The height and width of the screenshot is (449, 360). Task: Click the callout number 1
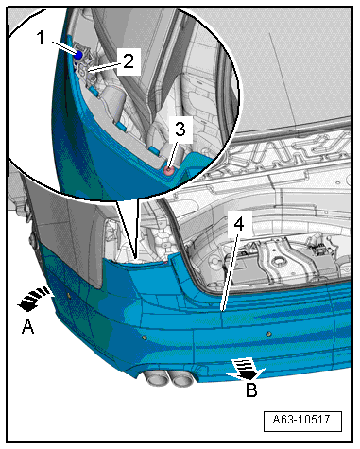tap(41, 38)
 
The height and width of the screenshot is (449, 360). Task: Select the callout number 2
tap(129, 61)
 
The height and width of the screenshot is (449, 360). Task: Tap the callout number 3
tap(180, 130)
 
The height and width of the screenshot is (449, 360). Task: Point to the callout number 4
tap(239, 224)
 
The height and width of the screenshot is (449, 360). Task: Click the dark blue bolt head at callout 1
tap(78, 55)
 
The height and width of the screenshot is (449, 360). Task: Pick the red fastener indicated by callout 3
tap(169, 171)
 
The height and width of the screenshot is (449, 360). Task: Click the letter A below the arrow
tap(27, 327)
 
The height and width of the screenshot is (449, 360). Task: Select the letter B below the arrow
tap(251, 389)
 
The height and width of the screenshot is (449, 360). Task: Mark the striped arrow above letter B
tap(248, 369)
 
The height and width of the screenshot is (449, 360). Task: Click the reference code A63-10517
tap(301, 420)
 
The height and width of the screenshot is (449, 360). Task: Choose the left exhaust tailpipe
tap(155, 378)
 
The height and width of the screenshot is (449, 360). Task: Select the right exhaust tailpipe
tap(182, 379)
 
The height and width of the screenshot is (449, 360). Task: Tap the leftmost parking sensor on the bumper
tap(68, 295)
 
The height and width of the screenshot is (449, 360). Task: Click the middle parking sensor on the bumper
tap(145, 337)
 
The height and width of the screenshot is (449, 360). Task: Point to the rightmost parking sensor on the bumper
tap(268, 334)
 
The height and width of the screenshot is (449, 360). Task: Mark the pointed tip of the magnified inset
tap(136, 259)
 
